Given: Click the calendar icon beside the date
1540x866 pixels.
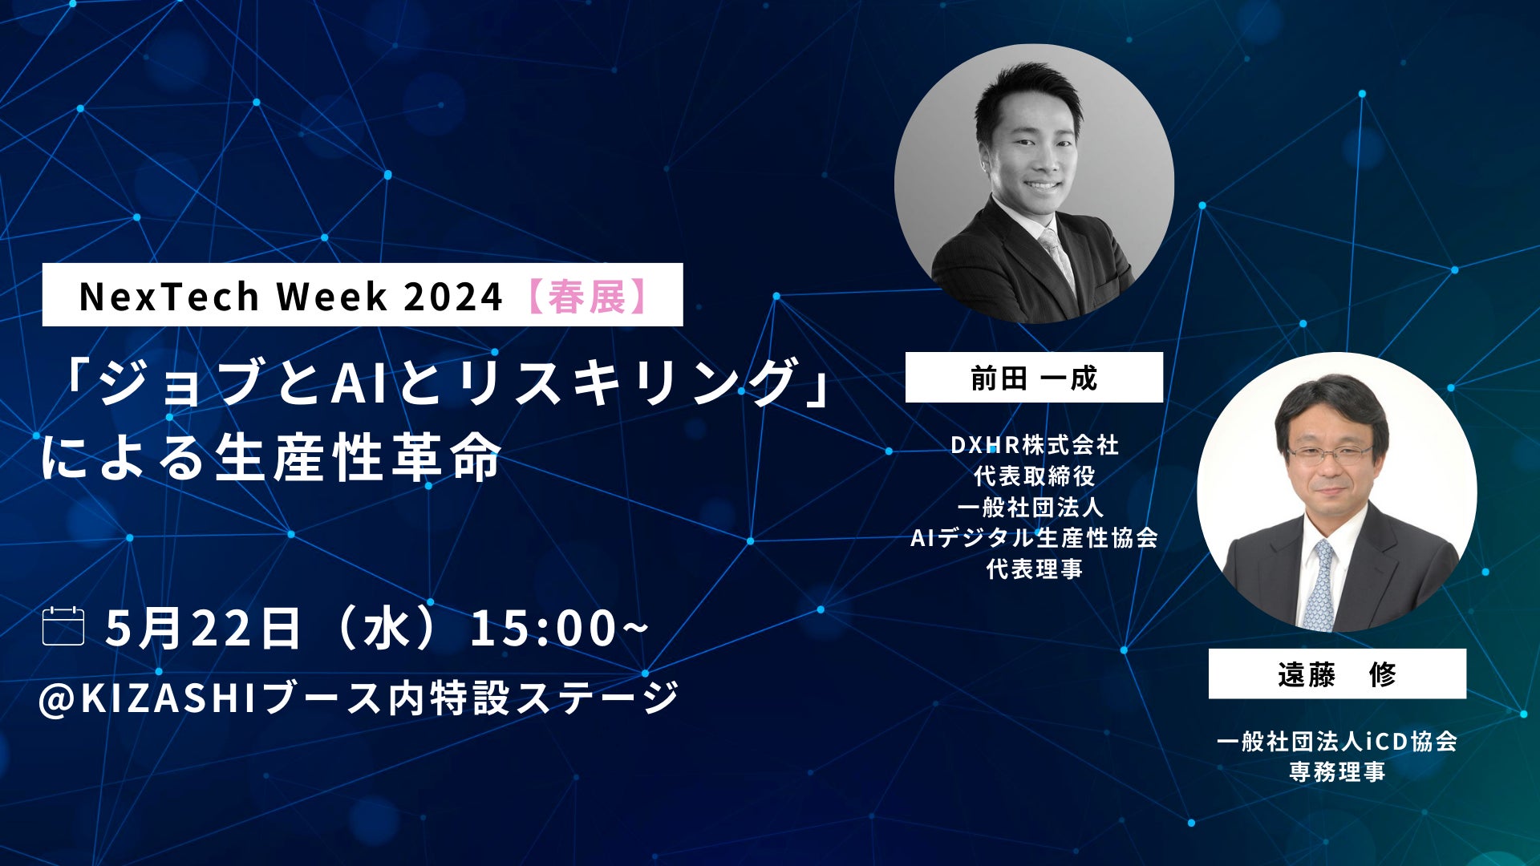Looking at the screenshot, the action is (63, 626).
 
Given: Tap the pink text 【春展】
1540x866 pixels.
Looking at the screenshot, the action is (588, 296).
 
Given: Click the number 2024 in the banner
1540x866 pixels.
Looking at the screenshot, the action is (452, 297).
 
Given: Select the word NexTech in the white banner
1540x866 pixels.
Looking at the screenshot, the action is (168, 297).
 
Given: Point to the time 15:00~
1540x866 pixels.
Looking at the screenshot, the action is (559, 628).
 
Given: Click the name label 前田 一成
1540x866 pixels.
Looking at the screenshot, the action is (1034, 378).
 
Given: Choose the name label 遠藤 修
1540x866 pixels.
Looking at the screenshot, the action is (1337, 674).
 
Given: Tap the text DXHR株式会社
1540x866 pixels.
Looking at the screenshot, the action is (1035, 445).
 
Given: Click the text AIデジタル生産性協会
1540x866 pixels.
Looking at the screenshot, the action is (1035, 538).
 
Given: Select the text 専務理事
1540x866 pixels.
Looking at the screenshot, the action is (1337, 771).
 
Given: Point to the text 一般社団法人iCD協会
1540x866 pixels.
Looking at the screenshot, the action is (1337, 741).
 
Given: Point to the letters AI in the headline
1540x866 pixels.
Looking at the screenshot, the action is (351, 382).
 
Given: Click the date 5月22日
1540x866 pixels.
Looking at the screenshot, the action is (203, 628).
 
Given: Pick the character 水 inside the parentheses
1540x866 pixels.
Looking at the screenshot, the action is (387, 628).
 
